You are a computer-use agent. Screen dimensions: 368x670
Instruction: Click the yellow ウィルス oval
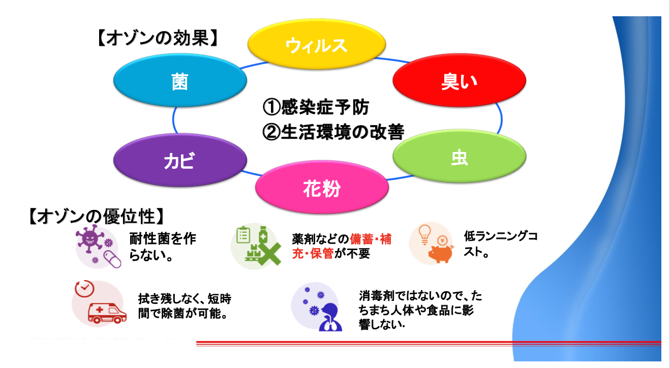pos(316,45)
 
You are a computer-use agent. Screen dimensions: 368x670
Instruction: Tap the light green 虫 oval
pos(459,158)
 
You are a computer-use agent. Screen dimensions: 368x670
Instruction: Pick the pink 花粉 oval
pos(322,189)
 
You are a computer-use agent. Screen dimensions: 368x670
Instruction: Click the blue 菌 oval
pos(179,82)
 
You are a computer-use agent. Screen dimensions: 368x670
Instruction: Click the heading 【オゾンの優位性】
pos(97,217)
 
